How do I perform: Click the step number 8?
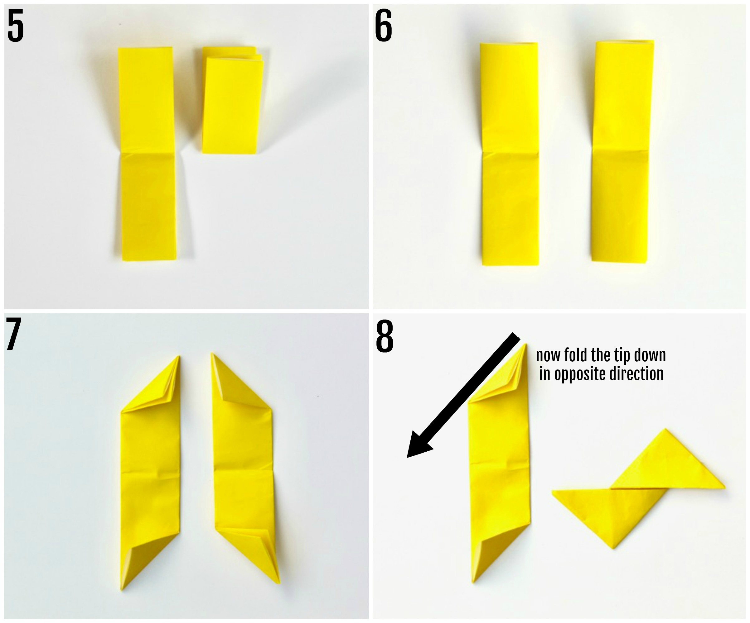click(385, 336)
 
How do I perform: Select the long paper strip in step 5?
click(147, 154)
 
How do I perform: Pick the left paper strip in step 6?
click(509, 154)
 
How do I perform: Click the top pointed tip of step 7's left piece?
click(179, 357)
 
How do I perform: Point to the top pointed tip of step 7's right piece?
click(212, 354)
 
